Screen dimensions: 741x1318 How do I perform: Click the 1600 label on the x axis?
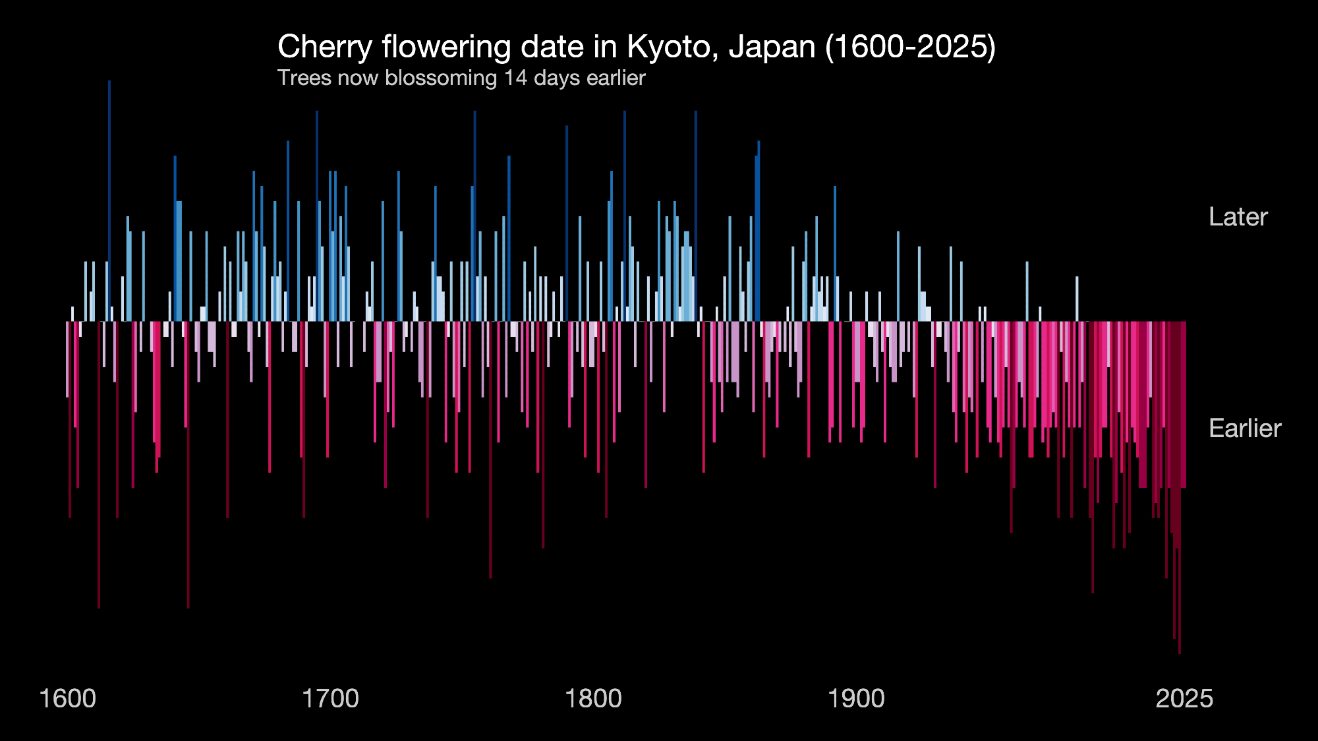pos(68,699)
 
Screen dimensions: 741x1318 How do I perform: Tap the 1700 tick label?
pos(330,699)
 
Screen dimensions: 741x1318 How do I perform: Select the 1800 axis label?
pos(593,699)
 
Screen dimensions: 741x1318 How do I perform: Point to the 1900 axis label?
pos(856,699)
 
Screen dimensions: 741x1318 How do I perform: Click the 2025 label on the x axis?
pos(1184,699)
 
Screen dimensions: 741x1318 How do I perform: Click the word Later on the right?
pos(1238,217)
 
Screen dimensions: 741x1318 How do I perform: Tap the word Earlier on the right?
pos(1245,429)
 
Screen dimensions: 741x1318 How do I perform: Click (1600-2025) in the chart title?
pos(910,47)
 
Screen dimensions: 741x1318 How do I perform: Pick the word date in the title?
pos(550,47)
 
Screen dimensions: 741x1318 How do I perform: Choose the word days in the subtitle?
pos(558,78)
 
